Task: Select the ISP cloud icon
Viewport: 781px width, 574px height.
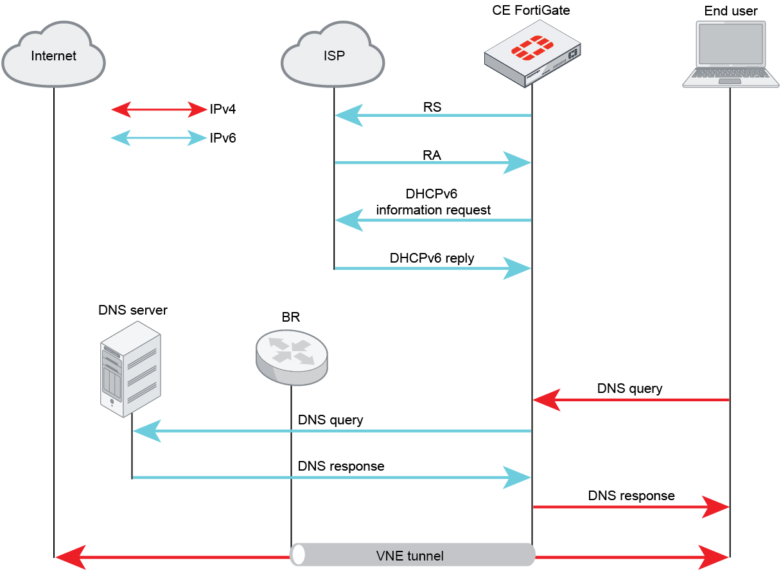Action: (x=333, y=55)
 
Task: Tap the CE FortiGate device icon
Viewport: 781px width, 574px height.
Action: (x=532, y=55)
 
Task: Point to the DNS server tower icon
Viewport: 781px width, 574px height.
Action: (x=130, y=369)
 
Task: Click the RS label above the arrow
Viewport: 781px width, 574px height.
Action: (x=432, y=107)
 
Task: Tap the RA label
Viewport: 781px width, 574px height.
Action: (x=432, y=155)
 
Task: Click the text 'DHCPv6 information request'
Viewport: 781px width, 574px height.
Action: (x=432, y=202)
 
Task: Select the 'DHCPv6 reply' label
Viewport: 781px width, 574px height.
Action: (x=432, y=258)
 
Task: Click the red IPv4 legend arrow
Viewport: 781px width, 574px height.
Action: (x=158, y=110)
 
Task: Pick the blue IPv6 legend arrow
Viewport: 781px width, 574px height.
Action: (x=158, y=137)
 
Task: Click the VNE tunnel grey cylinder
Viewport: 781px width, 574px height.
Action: (x=412, y=555)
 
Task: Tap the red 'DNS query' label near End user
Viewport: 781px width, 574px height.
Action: (x=629, y=388)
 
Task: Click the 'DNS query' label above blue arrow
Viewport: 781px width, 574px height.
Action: (x=330, y=420)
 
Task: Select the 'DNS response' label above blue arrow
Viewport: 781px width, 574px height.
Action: (x=341, y=466)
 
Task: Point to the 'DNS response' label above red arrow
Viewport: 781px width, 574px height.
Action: (x=631, y=496)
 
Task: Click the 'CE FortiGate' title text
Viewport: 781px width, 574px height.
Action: (x=531, y=10)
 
